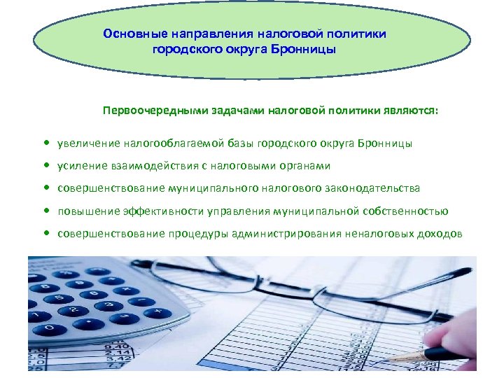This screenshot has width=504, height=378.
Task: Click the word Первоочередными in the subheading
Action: [x=150, y=110]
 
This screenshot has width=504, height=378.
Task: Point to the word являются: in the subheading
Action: [x=412, y=110]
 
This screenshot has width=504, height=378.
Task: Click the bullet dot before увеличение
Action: [x=45, y=143]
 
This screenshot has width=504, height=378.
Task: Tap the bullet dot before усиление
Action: [x=45, y=166]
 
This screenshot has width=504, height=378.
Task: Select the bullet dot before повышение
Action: [x=45, y=211]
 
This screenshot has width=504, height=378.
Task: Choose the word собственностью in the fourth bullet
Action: [x=405, y=211]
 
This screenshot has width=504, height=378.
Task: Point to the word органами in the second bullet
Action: [x=307, y=166]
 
